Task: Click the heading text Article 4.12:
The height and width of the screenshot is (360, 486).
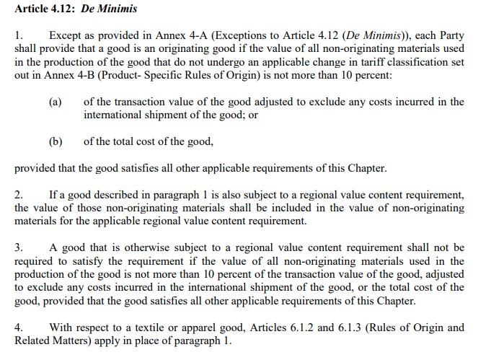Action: tap(45, 9)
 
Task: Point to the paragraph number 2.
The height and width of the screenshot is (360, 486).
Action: tap(19, 195)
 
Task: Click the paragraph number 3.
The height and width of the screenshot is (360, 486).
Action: tap(19, 248)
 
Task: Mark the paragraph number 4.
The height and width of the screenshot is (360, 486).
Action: tap(19, 328)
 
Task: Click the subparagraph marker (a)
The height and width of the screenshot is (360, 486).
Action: tap(56, 102)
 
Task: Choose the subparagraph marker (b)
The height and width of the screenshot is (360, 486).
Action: tap(56, 141)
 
